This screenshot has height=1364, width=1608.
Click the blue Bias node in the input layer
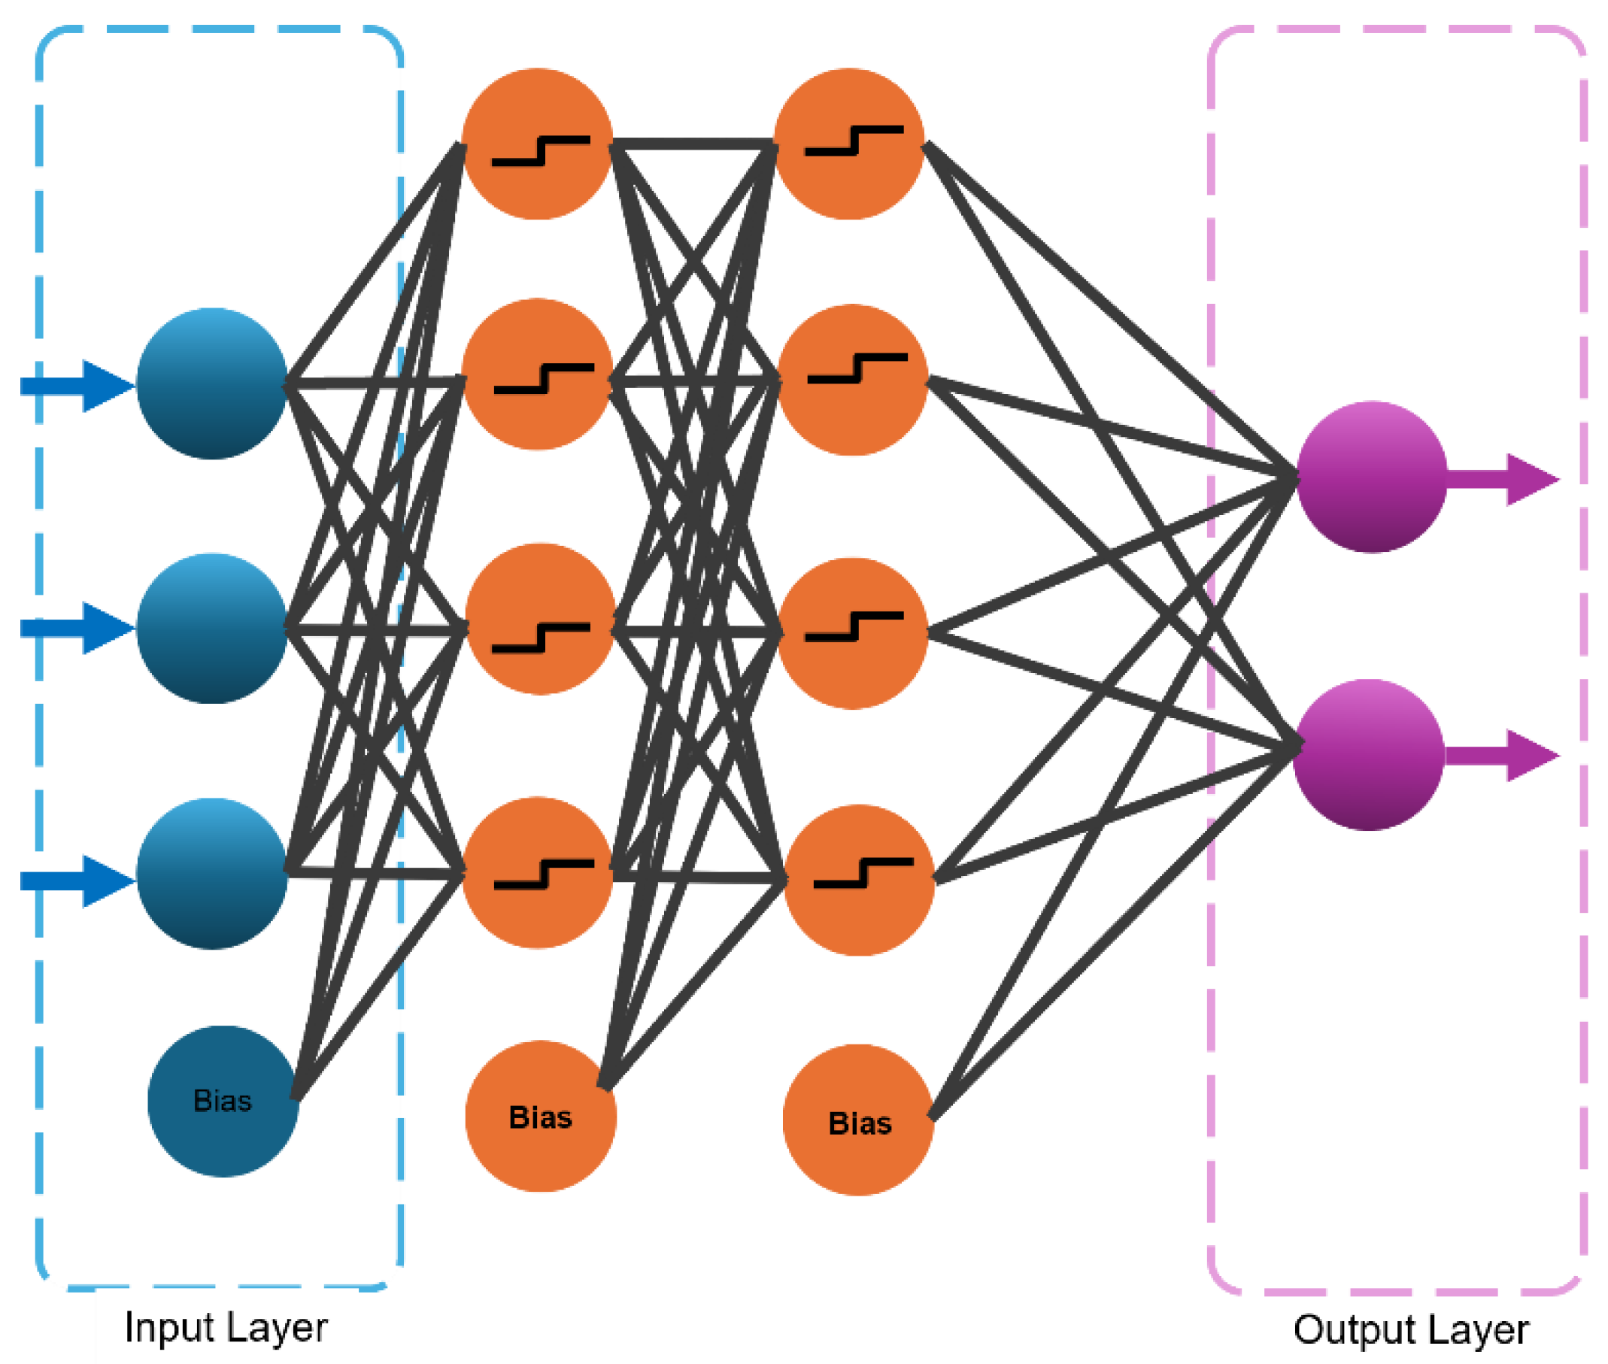coord(223,1100)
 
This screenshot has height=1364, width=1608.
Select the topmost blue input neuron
coord(212,383)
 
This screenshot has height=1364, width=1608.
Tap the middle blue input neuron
coord(212,628)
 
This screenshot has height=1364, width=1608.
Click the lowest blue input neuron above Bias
coord(212,873)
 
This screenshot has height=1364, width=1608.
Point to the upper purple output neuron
coord(1371,477)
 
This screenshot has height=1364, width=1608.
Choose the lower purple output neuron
coord(1368,755)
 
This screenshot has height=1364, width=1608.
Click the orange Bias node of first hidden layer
coord(541,1116)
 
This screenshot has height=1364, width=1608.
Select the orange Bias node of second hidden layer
coord(859,1120)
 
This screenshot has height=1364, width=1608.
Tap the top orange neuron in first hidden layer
coord(538,144)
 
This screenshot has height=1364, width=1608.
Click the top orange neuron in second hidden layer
coord(849,144)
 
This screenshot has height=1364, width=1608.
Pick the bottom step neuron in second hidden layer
coord(860,880)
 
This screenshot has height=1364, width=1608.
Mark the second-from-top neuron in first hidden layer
coord(538,374)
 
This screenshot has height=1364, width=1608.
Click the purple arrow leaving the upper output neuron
coord(1504,480)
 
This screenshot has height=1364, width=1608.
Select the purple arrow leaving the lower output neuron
coord(1504,756)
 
